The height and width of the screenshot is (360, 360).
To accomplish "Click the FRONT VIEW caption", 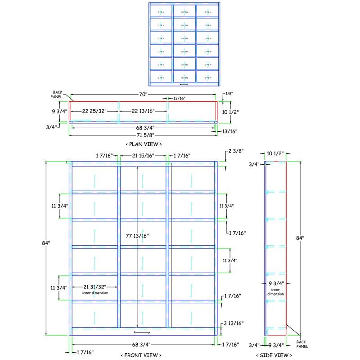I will (141, 355).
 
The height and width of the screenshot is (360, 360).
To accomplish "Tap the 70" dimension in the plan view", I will (143, 95).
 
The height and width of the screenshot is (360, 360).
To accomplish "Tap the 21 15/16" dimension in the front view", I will (143, 156).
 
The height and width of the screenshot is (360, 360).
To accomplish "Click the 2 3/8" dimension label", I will (235, 151).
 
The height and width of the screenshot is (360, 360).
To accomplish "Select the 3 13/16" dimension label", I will (234, 323).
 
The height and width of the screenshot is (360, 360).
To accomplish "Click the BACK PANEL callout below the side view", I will (302, 344).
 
